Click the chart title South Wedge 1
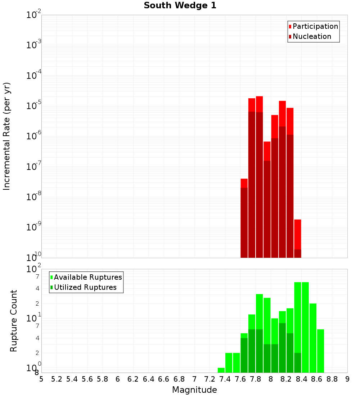(x=180, y=6)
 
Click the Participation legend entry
(x=315, y=26)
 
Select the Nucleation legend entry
(x=311, y=36)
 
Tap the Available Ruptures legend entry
(x=87, y=277)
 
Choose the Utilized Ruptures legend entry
(x=85, y=287)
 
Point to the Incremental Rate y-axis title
(x=7, y=136)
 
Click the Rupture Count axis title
(x=14, y=320)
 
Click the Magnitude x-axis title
(x=194, y=390)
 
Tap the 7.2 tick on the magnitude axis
(x=210, y=379)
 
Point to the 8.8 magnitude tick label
(x=332, y=379)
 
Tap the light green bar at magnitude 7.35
(x=221, y=370)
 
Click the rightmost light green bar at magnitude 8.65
(x=320, y=351)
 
